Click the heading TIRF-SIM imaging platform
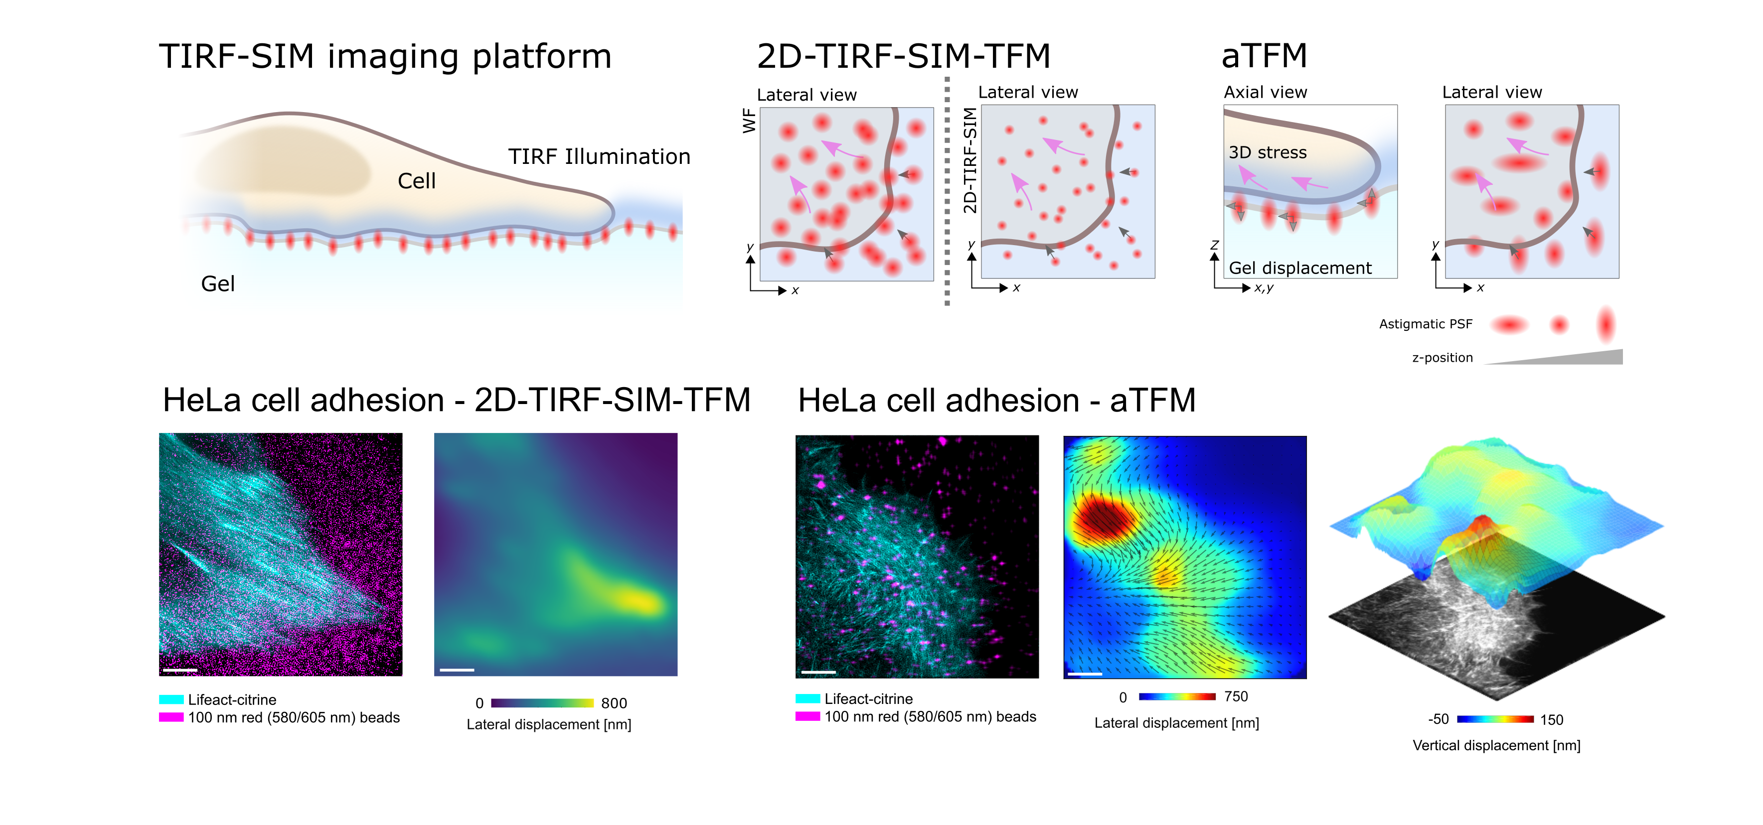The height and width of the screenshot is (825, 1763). coord(385,56)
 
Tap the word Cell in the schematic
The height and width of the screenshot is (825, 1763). coord(416,181)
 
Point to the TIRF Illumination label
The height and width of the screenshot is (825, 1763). coord(599,156)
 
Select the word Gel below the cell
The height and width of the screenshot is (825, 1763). coord(218,284)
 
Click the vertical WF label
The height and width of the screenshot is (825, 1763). coord(749,121)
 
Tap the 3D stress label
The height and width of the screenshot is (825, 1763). coord(1267,152)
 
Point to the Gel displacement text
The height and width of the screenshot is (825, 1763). coord(1299,268)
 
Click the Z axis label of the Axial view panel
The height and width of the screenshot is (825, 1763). coord(1214,245)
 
